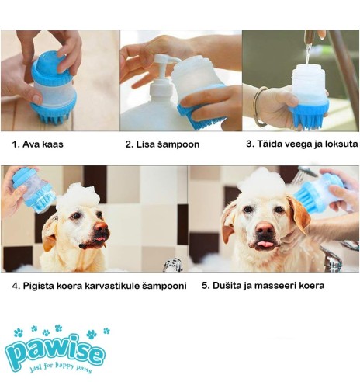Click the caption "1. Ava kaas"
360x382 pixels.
tap(37, 144)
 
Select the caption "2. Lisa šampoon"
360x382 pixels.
tap(162, 144)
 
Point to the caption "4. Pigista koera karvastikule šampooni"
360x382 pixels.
tap(99, 285)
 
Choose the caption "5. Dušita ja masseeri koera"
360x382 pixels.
tap(263, 285)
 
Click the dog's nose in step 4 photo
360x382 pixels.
tap(100, 227)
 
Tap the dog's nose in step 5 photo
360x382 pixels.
tap(265, 230)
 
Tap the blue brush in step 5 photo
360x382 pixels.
tap(314, 194)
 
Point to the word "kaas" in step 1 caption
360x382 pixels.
tap(53, 144)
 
